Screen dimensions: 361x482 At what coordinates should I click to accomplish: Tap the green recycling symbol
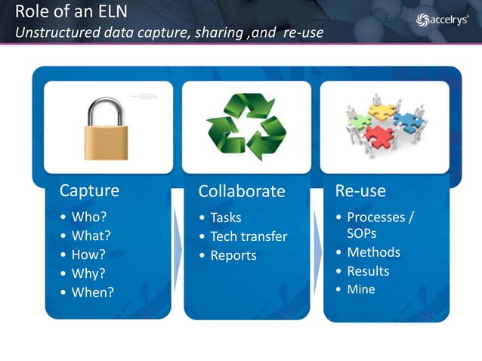point(246,127)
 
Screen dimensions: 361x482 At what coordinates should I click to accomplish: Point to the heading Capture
point(89,190)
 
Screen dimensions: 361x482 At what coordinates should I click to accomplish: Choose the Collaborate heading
point(242,191)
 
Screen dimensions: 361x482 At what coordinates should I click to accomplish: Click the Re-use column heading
point(360,190)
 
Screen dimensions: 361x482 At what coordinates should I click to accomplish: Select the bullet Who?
point(88,218)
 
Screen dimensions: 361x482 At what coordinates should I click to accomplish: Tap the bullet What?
point(91,236)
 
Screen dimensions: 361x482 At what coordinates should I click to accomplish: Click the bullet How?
point(88,255)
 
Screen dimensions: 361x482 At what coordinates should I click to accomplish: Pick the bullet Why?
point(88,273)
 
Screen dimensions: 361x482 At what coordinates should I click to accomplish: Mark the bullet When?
point(92,292)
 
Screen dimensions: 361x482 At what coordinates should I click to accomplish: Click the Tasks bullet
point(225,218)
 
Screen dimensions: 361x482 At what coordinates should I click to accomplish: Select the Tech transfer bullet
point(249,236)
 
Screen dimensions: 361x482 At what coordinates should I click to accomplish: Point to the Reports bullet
point(233,255)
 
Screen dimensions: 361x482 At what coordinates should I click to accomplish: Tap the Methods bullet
point(373,252)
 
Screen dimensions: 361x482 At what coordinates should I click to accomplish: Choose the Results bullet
point(368,271)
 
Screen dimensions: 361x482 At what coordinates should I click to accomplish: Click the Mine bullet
point(360,289)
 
